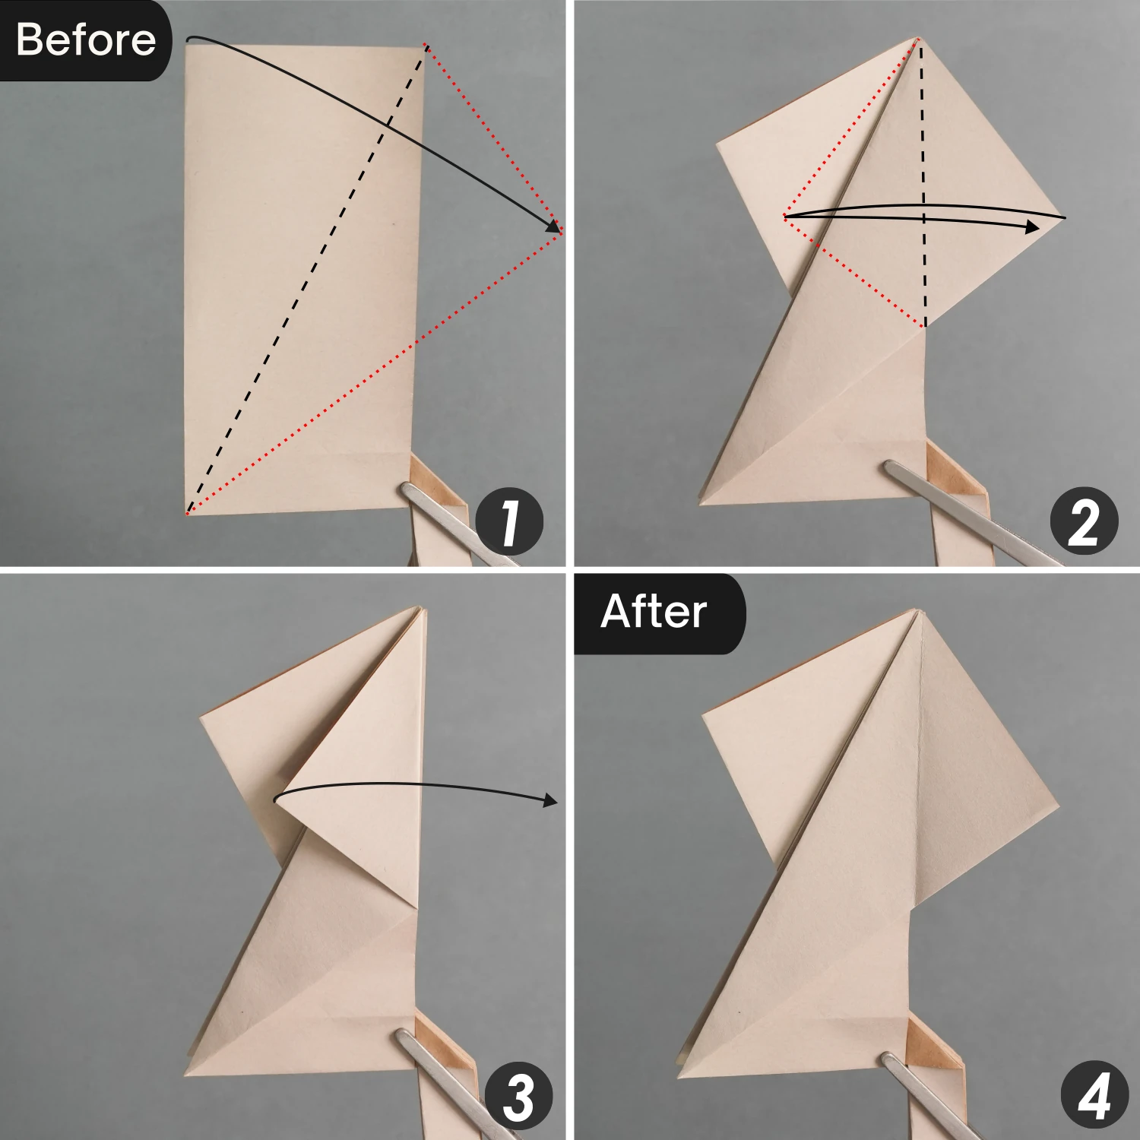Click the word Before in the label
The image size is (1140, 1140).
tap(85, 40)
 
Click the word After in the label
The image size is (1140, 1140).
tap(654, 612)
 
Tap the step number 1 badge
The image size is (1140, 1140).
tap(509, 522)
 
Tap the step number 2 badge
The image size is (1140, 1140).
tap(1084, 522)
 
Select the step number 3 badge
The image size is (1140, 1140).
tap(518, 1097)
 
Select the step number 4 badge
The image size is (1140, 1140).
tap(1094, 1097)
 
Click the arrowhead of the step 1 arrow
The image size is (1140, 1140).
tap(553, 226)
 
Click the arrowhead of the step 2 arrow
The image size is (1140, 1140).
tap(1031, 227)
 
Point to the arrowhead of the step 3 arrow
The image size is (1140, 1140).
tap(550, 800)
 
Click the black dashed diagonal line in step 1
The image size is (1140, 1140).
tap(304, 281)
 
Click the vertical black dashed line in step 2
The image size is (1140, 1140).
tap(923, 182)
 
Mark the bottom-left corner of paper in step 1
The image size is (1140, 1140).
tap(186, 513)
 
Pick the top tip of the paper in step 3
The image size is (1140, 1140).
tap(420, 608)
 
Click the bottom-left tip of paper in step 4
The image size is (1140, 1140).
tap(679, 1075)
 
